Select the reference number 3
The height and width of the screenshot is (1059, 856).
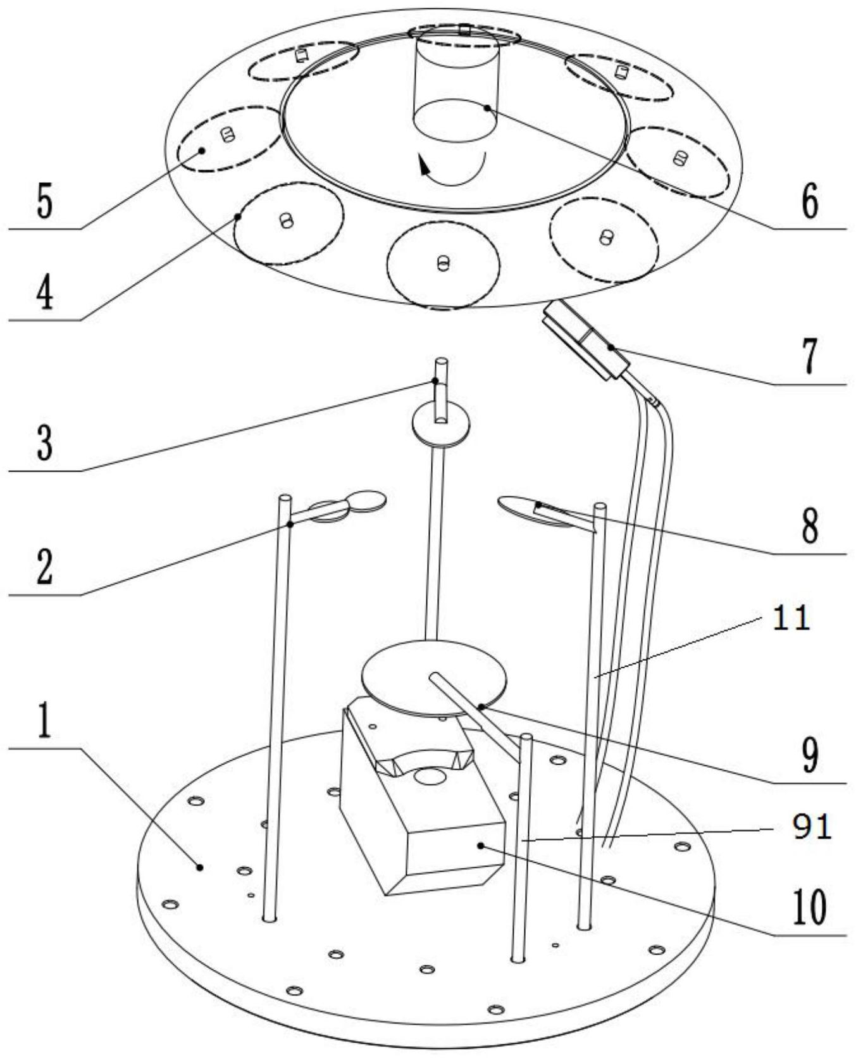(x=44, y=442)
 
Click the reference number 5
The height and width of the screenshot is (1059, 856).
(x=44, y=202)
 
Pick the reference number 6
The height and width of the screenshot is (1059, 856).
(x=810, y=201)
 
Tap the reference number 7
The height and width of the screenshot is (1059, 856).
(x=810, y=356)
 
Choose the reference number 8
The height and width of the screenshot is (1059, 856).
(x=810, y=525)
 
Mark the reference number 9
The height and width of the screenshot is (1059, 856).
(x=810, y=755)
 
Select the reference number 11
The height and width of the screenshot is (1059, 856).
(x=791, y=618)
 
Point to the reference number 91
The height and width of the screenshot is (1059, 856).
(x=812, y=827)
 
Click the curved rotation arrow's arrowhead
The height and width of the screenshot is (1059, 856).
(x=423, y=166)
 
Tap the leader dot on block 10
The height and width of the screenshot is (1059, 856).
(x=481, y=845)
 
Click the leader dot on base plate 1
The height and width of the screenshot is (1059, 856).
(x=200, y=867)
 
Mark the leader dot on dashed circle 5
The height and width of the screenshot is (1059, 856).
(x=202, y=150)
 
